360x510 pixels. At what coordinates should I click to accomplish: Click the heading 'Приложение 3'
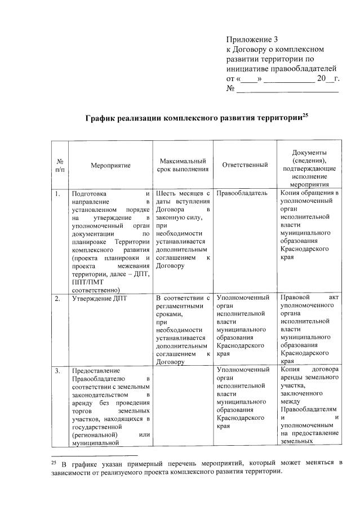(252, 39)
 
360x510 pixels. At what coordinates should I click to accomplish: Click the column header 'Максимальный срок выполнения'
(183, 165)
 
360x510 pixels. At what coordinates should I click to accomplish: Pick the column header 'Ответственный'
(245, 165)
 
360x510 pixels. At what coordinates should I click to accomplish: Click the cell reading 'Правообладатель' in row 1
(242, 194)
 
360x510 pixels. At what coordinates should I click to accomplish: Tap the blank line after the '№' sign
(287, 90)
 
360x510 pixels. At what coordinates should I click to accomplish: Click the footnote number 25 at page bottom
(55, 463)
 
